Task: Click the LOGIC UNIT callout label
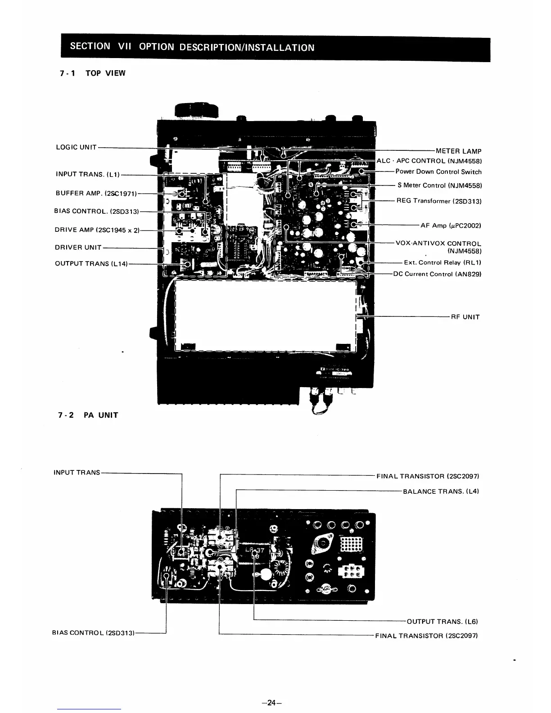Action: click(76, 147)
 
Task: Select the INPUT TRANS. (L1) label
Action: click(87, 174)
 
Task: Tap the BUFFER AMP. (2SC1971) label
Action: click(95, 193)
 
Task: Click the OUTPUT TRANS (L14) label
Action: click(91, 263)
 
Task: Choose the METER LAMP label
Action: click(458, 151)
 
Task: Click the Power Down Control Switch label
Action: click(438, 171)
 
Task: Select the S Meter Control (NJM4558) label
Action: click(439, 185)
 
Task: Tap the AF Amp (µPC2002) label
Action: click(451, 225)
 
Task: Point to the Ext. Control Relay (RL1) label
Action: click(443, 262)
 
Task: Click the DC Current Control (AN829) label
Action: click(437, 274)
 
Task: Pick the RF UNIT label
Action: click(465, 317)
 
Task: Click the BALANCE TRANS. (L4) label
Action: click(441, 491)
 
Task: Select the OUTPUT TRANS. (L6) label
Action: click(442, 622)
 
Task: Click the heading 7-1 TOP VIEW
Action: click(92, 73)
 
